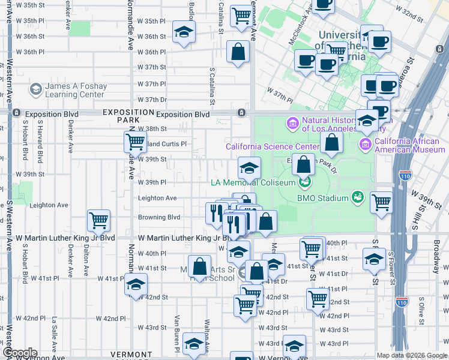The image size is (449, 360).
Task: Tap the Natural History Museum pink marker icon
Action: click(293, 124)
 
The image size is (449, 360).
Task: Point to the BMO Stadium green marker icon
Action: click(358, 197)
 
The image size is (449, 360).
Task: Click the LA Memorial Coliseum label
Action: click(253, 182)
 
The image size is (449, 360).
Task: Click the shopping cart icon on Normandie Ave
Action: click(136, 142)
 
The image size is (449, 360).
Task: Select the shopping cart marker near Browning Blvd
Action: click(98, 220)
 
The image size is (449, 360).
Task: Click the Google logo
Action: click(20, 353)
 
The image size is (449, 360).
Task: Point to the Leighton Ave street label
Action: click(157, 198)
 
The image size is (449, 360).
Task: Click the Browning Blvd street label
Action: click(159, 217)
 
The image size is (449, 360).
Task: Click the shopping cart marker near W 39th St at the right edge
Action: click(382, 203)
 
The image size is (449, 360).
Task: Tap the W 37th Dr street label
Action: click(152, 100)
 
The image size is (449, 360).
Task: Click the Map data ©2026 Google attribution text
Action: click(411, 355)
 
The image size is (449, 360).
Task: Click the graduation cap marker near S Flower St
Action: click(373, 259)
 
